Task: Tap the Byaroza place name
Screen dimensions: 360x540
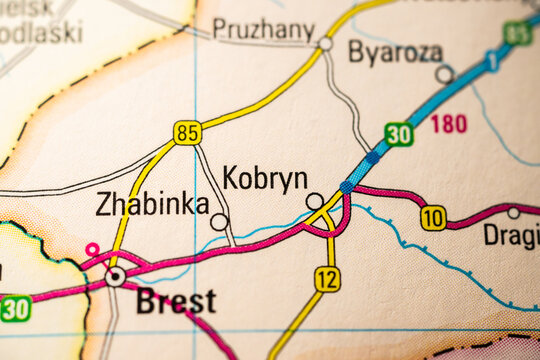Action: click(x=394, y=52)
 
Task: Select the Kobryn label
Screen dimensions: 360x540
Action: click(x=265, y=179)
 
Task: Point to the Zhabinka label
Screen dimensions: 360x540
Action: click(x=152, y=205)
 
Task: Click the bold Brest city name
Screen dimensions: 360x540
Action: click(x=176, y=301)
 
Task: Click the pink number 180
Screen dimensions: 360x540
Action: click(x=449, y=124)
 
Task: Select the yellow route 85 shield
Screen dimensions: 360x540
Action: click(x=187, y=132)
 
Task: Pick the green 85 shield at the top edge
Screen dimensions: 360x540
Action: click(x=518, y=33)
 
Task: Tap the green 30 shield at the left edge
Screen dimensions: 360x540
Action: click(x=14, y=308)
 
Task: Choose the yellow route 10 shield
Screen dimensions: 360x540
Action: click(x=433, y=218)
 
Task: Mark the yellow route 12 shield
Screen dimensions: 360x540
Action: click(x=327, y=279)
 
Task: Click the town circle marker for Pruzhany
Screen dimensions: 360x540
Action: click(x=325, y=44)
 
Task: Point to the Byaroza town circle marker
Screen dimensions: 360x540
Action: click(x=444, y=74)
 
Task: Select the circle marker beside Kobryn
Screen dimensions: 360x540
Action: click(x=314, y=200)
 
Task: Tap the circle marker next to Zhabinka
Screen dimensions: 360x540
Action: click(x=219, y=221)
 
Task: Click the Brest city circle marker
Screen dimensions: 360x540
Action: click(x=116, y=275)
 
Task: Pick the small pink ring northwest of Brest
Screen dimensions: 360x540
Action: click(x=92, y=249)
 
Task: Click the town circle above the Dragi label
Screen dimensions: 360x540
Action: click(x=513, y=213)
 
